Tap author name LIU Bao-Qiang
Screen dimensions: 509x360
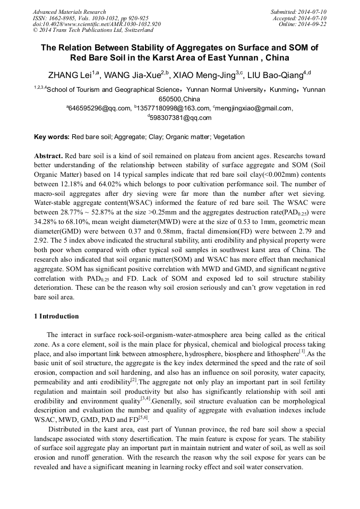(276, 75)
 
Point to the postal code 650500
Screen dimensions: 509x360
(170, 99)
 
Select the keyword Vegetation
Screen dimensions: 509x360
(229, 137)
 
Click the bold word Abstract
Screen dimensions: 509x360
(48, 157)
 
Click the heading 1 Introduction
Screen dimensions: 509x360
(56, 316)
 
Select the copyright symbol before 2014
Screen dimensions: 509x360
(35, 31)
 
